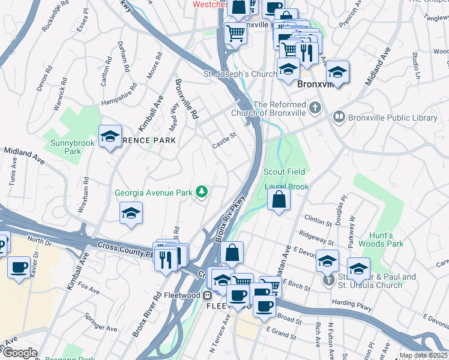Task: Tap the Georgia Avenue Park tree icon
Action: coord(203,192)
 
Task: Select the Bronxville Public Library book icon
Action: coord(339,118)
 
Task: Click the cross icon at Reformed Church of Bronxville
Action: coord(315,109)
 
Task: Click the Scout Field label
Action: coord(285,172)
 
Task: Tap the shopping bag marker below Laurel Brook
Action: coord(279,199)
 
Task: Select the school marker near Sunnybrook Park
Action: coord(110,137)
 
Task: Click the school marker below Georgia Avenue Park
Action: coord(131,214)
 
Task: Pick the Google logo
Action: coord(19,353)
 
